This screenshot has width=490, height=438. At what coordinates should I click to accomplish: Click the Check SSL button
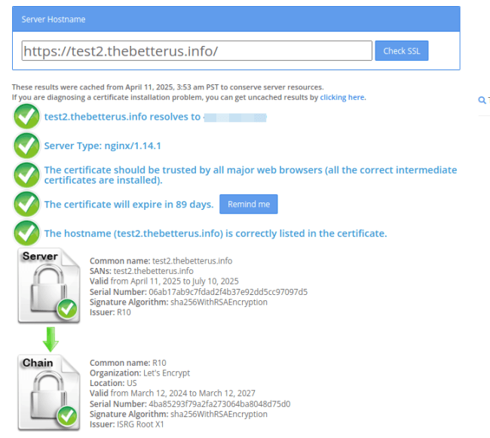401,51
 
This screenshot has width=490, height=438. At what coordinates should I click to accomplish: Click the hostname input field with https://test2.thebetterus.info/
197,51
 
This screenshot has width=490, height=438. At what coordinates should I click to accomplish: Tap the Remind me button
248,204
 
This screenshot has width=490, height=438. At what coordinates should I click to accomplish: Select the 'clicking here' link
343,98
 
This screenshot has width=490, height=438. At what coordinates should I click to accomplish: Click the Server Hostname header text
54,18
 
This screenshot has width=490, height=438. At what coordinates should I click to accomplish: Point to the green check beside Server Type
27,145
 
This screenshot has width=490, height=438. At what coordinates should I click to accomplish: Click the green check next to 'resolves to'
27,117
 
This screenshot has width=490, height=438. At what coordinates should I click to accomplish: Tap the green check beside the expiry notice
27,204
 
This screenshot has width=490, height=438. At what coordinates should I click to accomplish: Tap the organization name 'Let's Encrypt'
167,373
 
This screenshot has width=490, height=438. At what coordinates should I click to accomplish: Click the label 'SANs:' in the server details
100,271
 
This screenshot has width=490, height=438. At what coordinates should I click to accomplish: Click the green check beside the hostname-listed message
27,233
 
